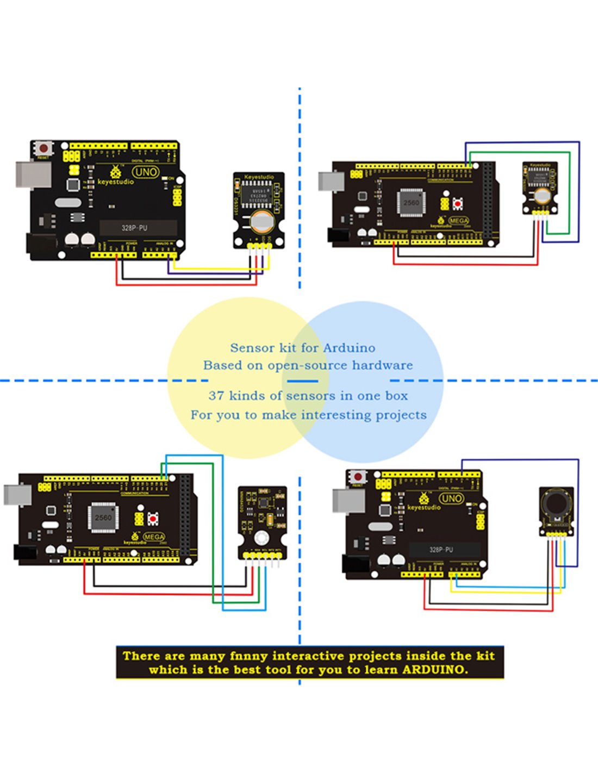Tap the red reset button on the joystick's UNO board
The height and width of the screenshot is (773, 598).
point(357,477)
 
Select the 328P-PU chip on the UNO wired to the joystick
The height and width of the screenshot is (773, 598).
point(441,550)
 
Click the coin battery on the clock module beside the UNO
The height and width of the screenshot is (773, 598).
point(260,220)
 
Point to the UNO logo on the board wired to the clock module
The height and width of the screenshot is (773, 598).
point(146,172)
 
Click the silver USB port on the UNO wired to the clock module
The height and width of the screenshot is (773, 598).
point(33,174)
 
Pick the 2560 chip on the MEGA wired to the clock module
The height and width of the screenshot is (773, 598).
point(411,203)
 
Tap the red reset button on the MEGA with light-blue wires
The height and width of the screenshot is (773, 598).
point(153,519)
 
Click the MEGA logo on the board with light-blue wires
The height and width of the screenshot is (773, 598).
point(154,537)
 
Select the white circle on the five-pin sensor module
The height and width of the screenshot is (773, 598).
point(261,538)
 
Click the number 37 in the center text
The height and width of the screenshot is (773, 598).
point(216,396)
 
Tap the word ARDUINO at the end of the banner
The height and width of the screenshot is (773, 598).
point(434,670)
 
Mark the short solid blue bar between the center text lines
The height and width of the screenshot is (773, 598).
point(302,381)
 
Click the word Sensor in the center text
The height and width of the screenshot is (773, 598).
point(252,348)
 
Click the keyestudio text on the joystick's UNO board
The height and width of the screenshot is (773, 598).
point(424,507)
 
